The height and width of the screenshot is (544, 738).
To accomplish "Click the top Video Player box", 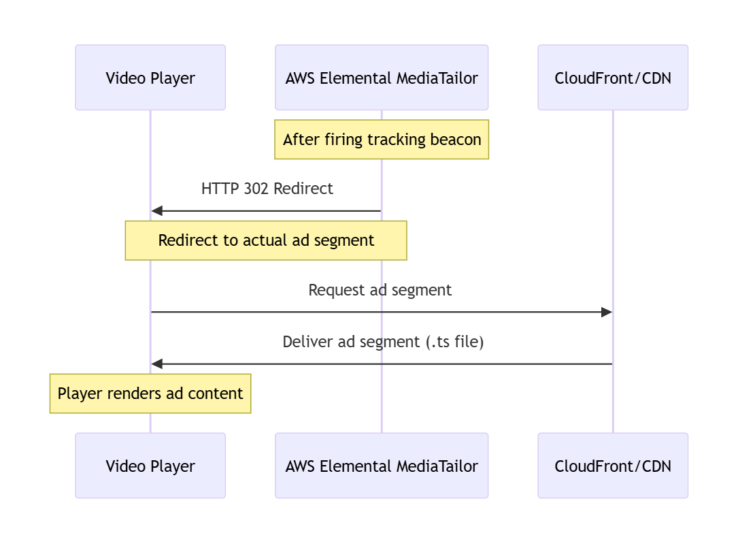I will point(150,78).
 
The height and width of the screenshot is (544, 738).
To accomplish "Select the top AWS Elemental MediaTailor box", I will point(382,78).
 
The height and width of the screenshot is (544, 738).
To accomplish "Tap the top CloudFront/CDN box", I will point(613,78).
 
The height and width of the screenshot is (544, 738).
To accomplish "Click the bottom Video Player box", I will point(150,466).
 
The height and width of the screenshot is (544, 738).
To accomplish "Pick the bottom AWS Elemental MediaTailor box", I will point(382,466).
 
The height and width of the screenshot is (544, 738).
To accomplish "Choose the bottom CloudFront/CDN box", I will point(613,466).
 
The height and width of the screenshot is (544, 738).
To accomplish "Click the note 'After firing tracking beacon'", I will point(382,140).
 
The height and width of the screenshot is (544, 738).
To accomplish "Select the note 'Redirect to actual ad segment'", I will point(266,240).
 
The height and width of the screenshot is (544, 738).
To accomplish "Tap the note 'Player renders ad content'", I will point(150,394).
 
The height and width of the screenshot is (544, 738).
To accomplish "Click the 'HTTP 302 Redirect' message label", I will point(267,189).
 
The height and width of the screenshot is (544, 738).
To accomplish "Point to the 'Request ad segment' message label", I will point(380,290).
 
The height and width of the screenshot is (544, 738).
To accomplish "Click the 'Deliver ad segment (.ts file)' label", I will point(383,342).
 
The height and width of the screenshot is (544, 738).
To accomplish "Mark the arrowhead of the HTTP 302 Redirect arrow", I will point(156,211).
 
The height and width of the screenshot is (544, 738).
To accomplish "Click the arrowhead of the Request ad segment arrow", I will point(607,312).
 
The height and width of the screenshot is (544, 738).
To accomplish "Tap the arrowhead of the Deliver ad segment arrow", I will point(156,364).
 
